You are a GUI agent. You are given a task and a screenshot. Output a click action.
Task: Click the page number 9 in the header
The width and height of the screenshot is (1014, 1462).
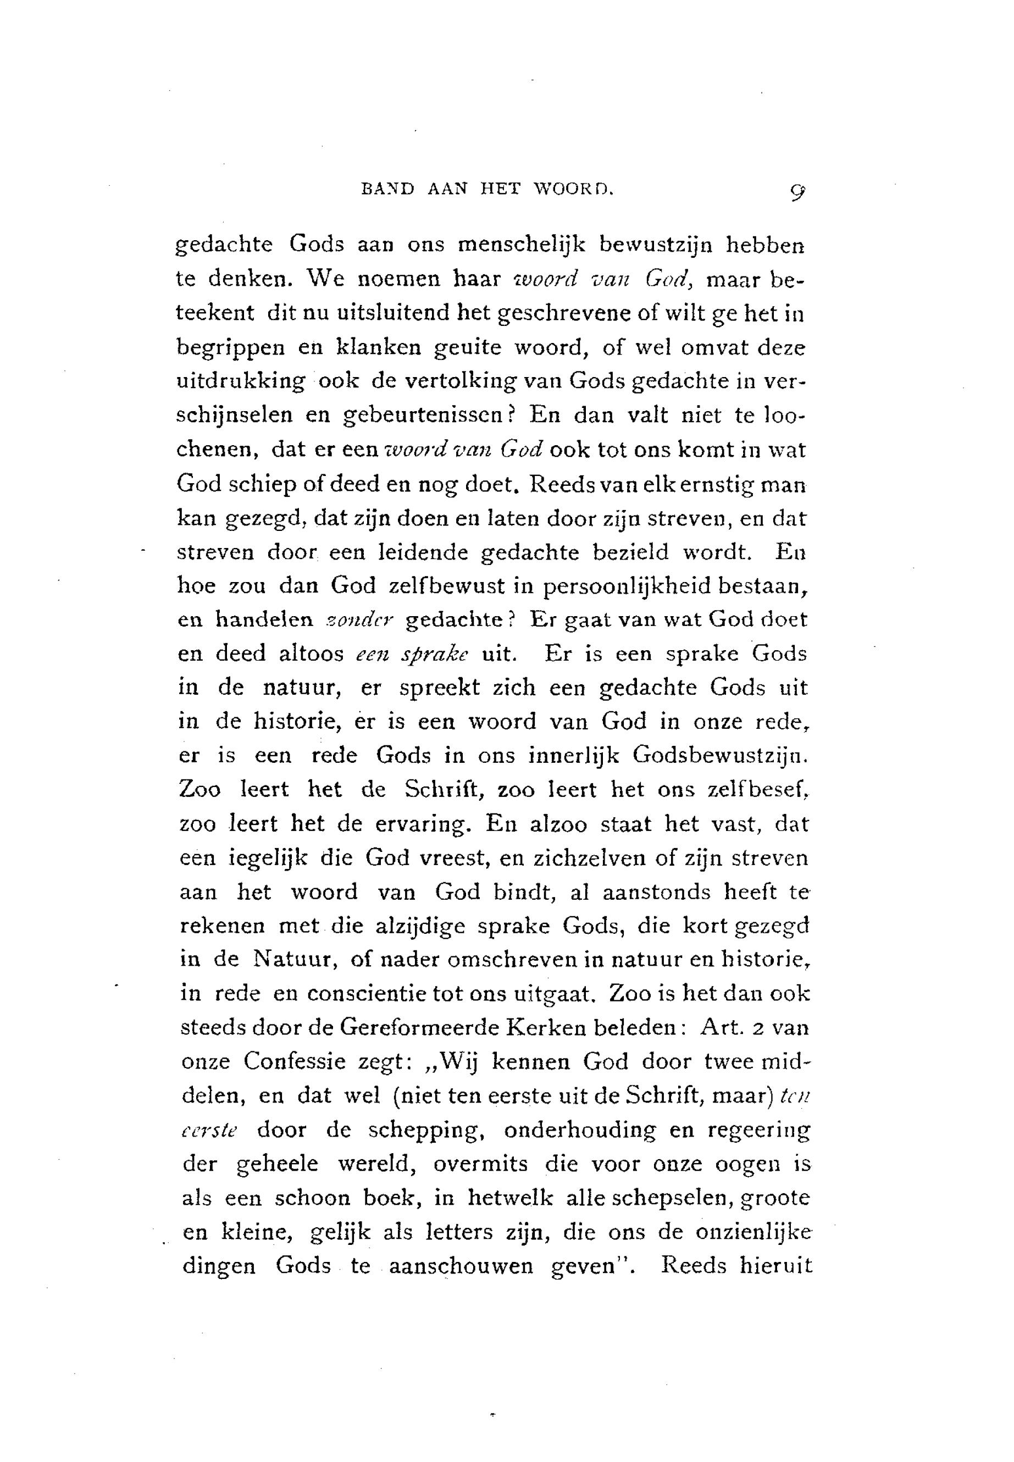pos(795,191)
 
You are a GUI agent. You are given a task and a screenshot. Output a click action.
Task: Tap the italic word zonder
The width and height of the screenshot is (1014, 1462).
pos(360,620)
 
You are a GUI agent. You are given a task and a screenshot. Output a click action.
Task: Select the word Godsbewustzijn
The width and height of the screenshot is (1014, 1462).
pos(720,756)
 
